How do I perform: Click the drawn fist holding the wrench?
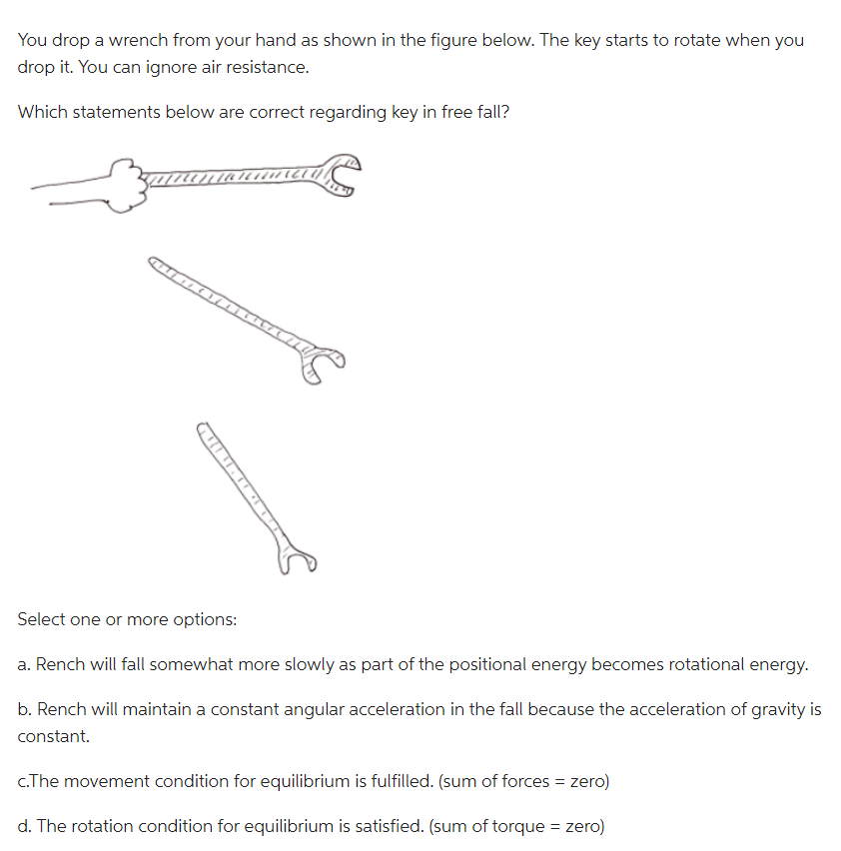pos(125,186)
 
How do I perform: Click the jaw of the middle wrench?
pos(323,361)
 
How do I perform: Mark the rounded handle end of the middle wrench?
pos(158,265)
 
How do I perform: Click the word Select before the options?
pos(42,619)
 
